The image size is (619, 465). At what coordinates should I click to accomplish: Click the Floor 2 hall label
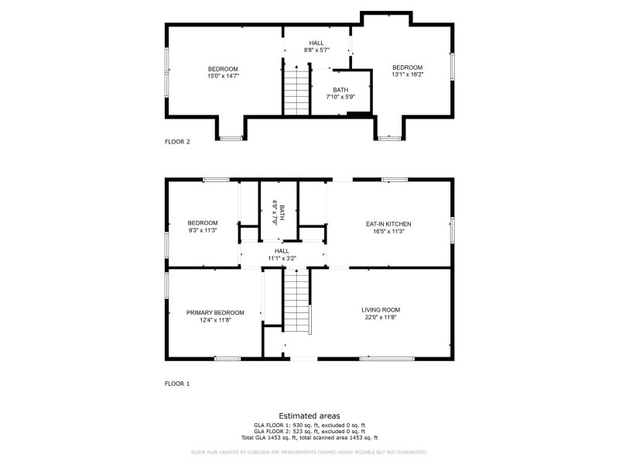(316, 43)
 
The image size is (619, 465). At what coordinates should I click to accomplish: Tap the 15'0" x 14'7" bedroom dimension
(223, 76)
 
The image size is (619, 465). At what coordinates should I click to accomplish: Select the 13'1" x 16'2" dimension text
(407, 74)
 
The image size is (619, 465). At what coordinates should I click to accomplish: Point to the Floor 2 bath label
(340, 90)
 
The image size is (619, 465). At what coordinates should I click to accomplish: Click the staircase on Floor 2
(296, 91)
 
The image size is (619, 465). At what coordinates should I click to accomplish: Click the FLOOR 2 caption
(177, 142)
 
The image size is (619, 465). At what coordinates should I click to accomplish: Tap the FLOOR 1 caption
(177, 384)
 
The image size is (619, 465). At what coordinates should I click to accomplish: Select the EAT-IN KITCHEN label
(388, 224)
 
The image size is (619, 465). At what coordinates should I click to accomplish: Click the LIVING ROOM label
(381, 310)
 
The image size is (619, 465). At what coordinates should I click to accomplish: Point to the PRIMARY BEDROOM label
(215, 312)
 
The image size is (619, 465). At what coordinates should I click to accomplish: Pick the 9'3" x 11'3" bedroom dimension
(203, 230)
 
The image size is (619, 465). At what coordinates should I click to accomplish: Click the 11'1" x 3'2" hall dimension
(282, 258)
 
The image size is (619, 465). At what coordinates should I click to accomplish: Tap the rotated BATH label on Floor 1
(282, 212)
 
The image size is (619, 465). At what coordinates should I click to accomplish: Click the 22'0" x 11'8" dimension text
(381, 318)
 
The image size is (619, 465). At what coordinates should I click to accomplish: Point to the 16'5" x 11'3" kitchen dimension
(388, 231)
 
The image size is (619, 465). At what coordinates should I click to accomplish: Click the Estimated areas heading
(309, 416)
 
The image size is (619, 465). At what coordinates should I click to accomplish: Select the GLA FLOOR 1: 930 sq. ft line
(309, 425)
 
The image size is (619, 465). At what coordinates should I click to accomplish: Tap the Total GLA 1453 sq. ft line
(309, 438)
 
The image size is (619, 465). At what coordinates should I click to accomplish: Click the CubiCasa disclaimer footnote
(309, 452)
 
